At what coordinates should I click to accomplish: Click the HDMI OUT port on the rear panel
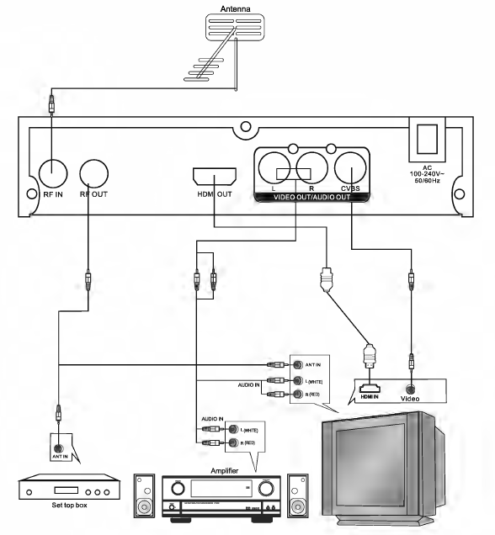(x=213, y=177)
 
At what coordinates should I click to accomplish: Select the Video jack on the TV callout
(x=409, y=389)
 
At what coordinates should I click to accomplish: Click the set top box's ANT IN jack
(x=58, y=448)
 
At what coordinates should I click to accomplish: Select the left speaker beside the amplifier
(x=145, y=496)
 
